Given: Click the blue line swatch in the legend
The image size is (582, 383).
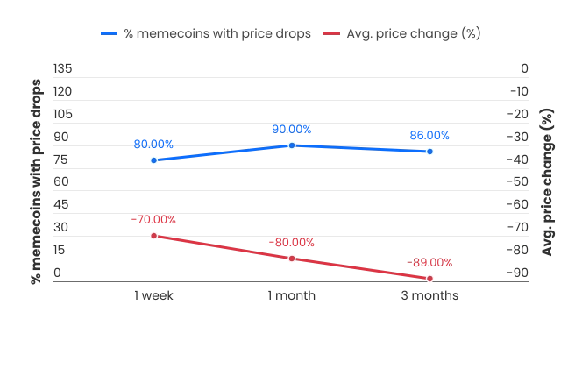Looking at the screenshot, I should click(109, 33).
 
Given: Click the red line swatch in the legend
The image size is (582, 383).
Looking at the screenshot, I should click(332, 33).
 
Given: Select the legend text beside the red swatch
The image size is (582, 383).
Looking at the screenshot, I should click(413, 33).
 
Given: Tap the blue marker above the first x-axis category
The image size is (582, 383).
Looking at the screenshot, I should click(154, 160).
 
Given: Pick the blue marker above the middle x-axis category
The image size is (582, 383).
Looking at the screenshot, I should click(292, 145).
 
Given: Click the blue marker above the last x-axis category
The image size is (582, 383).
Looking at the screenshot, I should click(429, 152).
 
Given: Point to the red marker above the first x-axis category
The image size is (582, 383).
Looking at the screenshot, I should click(154, 236).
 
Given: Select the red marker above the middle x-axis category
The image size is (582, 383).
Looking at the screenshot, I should click(292, 259).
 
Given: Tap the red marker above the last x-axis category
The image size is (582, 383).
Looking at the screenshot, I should click(429, 278).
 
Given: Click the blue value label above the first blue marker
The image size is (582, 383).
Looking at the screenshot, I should click(154, 143).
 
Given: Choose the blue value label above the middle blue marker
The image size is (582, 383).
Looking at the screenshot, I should click(292, 129).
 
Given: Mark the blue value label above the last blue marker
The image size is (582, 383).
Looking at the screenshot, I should click(429, 135).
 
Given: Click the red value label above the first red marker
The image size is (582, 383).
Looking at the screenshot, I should click(154, 219).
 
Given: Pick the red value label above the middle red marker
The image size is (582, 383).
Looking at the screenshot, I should click(292, 242).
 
